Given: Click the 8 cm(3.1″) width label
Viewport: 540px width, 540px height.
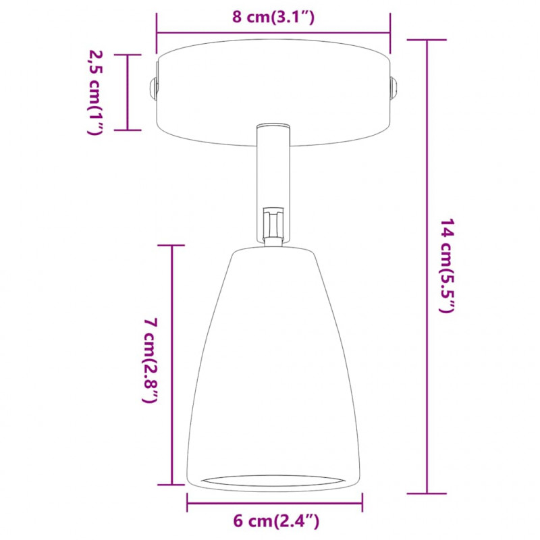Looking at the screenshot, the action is pos(273,18).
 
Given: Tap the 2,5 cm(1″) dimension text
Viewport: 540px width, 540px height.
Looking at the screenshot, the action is pos(95,92).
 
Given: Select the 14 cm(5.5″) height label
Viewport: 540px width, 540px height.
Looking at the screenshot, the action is pos(447,265).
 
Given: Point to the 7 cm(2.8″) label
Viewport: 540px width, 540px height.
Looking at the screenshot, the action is pos(150,360).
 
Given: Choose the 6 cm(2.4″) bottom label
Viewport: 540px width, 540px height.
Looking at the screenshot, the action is pos(276,521).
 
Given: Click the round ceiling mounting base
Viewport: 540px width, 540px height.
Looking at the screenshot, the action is pos(273,92).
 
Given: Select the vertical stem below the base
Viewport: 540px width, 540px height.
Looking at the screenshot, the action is pos(273,182).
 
